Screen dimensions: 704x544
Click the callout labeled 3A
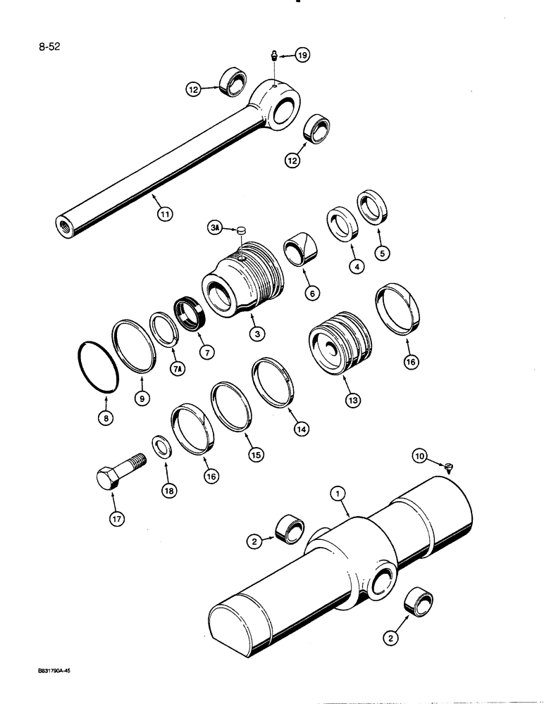click(216, 227)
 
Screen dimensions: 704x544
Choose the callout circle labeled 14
click(302, 427)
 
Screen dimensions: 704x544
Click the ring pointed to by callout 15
click(228, 406)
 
